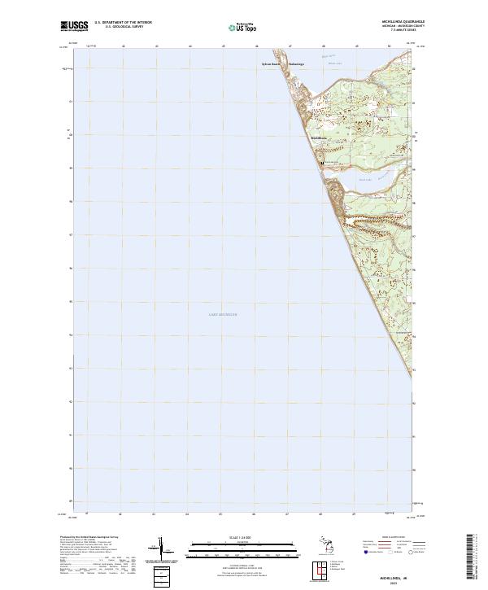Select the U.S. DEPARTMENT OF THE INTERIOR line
[123, 23]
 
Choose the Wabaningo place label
[296, 63]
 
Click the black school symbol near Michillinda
[323, 163]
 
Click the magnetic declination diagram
[160, 549]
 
